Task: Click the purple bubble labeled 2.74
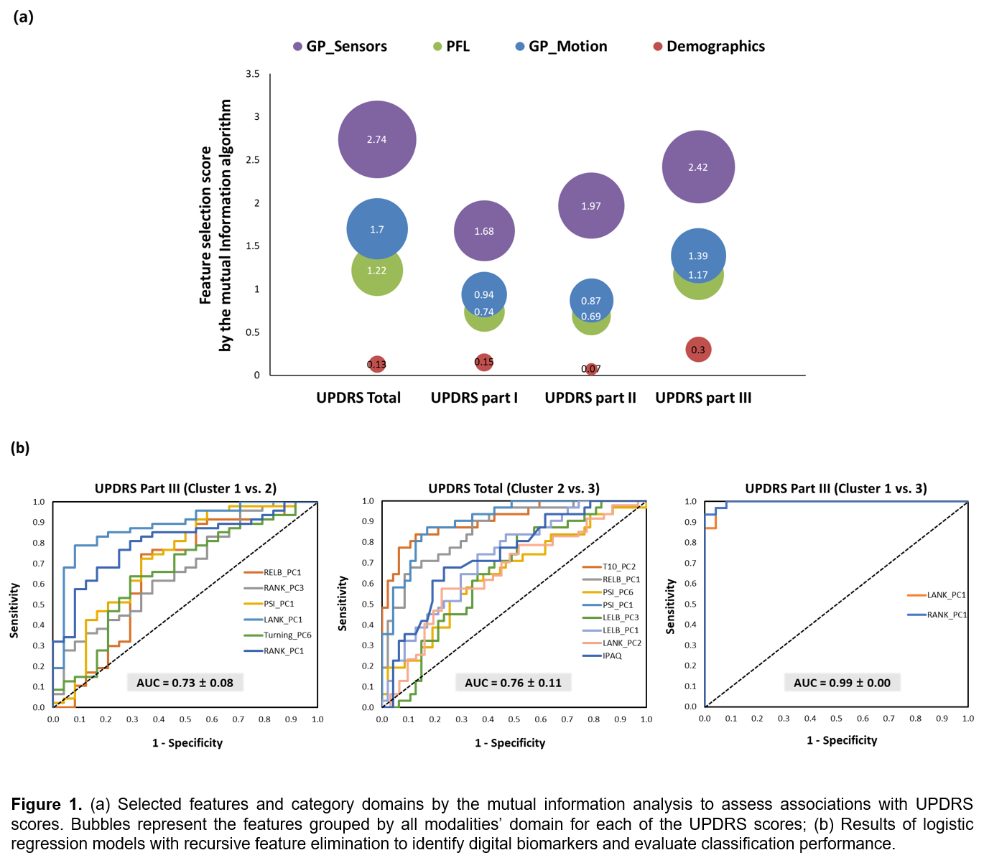(x=377, y=139)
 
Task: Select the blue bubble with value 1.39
(x=698, y=255)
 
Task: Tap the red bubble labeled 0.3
(x=698, y=350)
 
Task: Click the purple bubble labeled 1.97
(x=591, y=205)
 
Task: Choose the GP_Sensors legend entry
(x=340, y=47)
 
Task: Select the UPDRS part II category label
(x=590, y=398)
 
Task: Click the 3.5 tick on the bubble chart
(x=253, y=74)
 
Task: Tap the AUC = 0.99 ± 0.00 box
(x=842, y=683)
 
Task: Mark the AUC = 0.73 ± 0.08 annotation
(x=185, y=683)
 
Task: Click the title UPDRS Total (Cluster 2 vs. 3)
(x=514, y=489)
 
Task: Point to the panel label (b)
(x=20, y=448)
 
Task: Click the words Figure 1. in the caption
(x=47, y=804)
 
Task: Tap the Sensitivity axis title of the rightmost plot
(x=670, y=607)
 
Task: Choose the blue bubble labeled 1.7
(x=377, y=229)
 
